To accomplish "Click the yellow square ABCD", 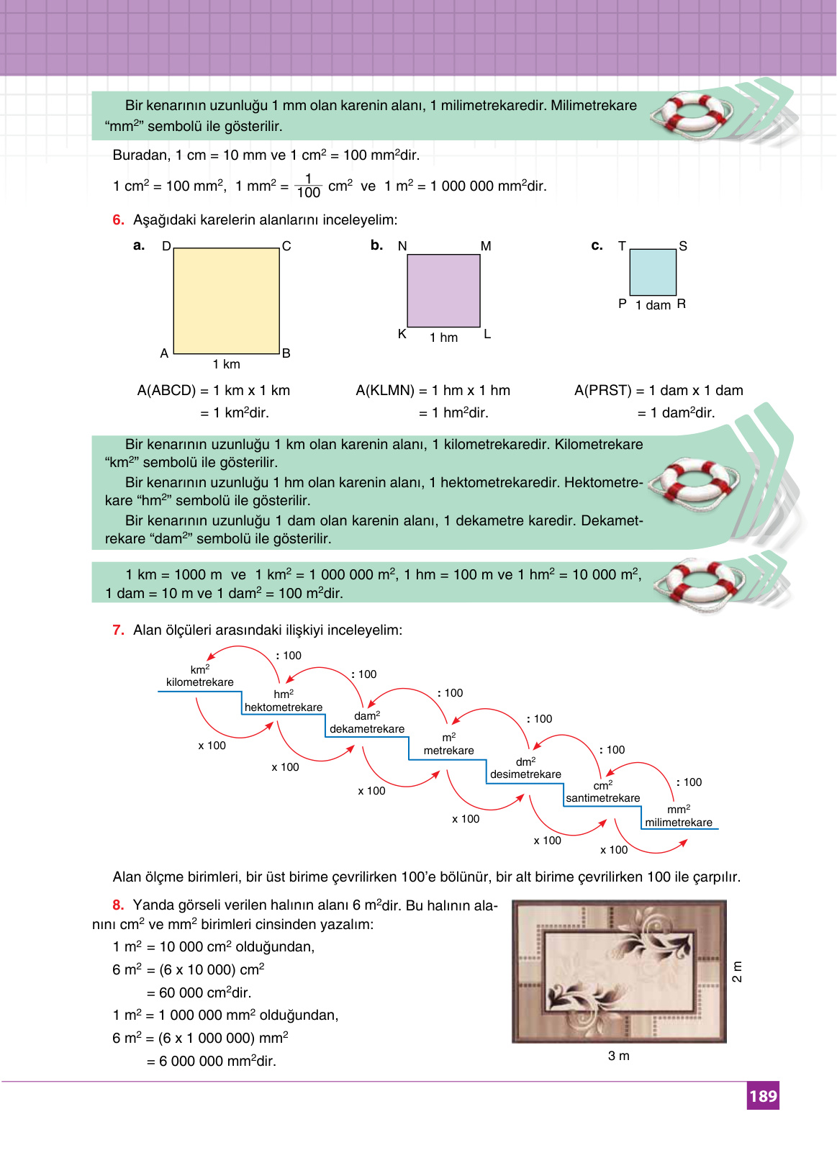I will (x=226, y=301).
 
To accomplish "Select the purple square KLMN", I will (x=443, y=291).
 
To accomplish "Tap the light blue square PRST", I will (x=653, y=272).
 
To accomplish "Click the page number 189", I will (x=763, y=1095).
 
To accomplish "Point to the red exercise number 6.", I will (x=118, y=220).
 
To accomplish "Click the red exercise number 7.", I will (x=118, y=630).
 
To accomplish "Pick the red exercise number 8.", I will (x=118, y=905).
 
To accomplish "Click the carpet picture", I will (x=619, y=972).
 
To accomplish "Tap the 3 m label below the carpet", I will (x=619, y=1056).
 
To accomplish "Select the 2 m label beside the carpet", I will (x=737, y=972).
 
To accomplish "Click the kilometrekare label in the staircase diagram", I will (x=199, y=682).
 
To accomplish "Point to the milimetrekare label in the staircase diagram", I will (x=678, y=823).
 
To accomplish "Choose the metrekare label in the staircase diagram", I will (x=448, y=751).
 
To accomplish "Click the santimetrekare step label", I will (x=602, y=798).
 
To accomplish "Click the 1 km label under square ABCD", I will (x=226, y=364).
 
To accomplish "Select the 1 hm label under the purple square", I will (x=443, y=338).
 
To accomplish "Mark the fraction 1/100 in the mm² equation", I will (x=308, y=186).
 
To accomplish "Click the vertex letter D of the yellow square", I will (x=166, y=246).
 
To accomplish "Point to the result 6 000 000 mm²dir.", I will (x=211, y=1061).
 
